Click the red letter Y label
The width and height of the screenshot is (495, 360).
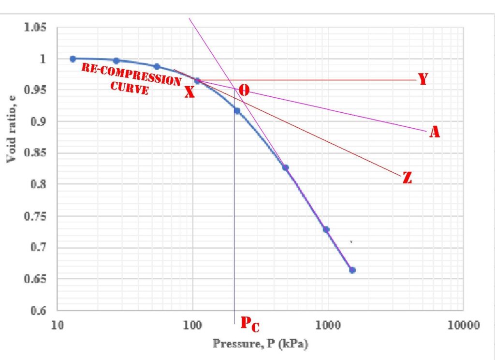423,79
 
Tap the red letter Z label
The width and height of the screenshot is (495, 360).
407,178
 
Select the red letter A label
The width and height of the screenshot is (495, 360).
435,132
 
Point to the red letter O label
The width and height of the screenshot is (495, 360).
244,90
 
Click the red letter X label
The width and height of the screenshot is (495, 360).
189,92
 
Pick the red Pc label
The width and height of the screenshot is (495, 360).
250,324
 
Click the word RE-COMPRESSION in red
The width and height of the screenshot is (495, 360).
131,75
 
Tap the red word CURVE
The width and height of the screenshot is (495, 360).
130,88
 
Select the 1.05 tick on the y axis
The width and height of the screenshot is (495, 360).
35,27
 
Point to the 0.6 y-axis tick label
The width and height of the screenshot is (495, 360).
38,310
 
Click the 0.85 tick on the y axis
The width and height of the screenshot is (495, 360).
35,152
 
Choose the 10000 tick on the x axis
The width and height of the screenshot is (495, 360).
463,325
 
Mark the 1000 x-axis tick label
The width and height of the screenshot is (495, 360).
328,325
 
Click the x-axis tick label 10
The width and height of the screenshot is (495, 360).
58,325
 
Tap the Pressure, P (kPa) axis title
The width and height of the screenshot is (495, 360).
261,344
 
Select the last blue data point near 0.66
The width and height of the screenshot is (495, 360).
352,270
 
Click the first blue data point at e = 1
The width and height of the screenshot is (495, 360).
73,59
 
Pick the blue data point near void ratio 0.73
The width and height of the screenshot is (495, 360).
326,229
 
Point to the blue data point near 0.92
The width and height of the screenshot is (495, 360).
237,111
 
